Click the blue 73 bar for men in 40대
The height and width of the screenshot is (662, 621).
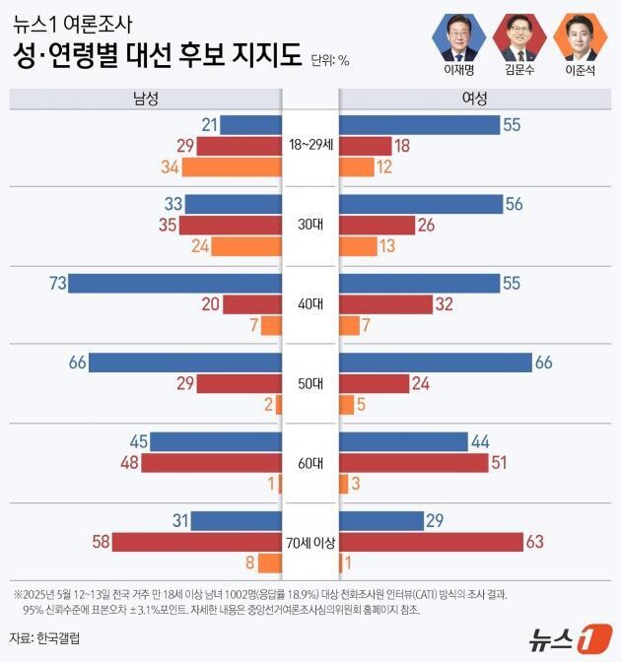click(176, 284)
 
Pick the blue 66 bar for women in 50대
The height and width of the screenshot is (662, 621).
click(435, 363)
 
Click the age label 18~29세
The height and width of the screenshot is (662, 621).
click(310, 145)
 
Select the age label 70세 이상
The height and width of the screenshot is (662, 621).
click(310, 542)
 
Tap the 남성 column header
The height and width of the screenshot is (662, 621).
click(145, 99)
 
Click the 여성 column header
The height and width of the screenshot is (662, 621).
click(474, 99)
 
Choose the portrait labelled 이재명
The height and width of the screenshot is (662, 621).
click(458, 36)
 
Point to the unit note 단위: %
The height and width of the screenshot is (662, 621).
click(329, 60)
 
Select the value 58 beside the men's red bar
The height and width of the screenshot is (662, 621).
click(99, 542)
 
